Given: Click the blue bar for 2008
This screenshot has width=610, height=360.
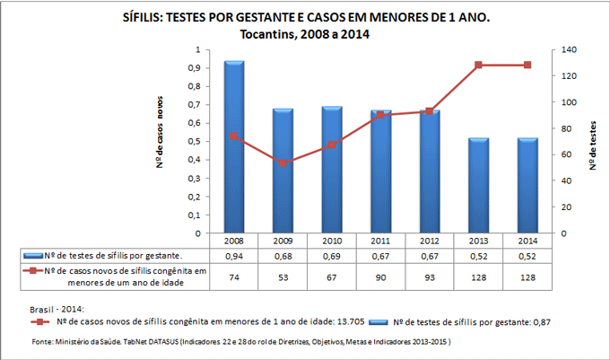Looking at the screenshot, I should (234, 148).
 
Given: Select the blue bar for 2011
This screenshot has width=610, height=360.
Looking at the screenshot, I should (380, 171).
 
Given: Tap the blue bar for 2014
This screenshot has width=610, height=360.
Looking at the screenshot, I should (527, 186).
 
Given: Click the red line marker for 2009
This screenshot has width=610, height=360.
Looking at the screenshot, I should (283, 163).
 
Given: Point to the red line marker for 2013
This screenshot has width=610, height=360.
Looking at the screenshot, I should (478, 65).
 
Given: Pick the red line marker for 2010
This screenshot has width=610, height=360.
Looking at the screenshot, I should (332, 145).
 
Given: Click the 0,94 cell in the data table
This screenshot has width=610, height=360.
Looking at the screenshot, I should (234, 256).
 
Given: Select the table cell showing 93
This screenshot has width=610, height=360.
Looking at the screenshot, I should (430, 277).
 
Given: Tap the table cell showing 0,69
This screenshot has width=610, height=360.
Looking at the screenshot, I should (332, 256).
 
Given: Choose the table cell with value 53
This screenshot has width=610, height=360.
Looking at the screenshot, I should (283, 277).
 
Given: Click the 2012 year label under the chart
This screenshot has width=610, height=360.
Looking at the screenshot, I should (430, 241).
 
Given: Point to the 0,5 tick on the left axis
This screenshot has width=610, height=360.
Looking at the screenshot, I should (194, 142).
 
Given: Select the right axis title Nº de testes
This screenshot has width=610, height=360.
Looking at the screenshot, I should (594, 144).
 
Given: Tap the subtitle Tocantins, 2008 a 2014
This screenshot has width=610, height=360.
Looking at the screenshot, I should (305, 34).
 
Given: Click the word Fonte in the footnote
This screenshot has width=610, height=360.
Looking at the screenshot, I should (42, 342).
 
